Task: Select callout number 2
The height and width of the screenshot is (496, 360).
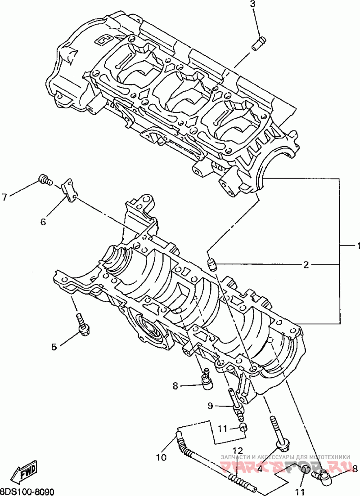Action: pos(306,265)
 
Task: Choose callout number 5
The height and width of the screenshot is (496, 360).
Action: pos(54,347)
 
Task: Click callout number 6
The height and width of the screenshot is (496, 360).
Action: pos(43,221)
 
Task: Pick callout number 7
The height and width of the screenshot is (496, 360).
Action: pos(4,197)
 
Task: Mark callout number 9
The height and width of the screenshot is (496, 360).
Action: pos(210,406)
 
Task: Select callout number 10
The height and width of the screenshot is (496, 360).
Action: pos(161,458)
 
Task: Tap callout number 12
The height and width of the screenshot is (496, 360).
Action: pos(238,450)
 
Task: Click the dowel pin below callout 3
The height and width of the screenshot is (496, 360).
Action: pos(258,45)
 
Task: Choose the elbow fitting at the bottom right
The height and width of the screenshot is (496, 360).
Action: pos(324,474)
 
